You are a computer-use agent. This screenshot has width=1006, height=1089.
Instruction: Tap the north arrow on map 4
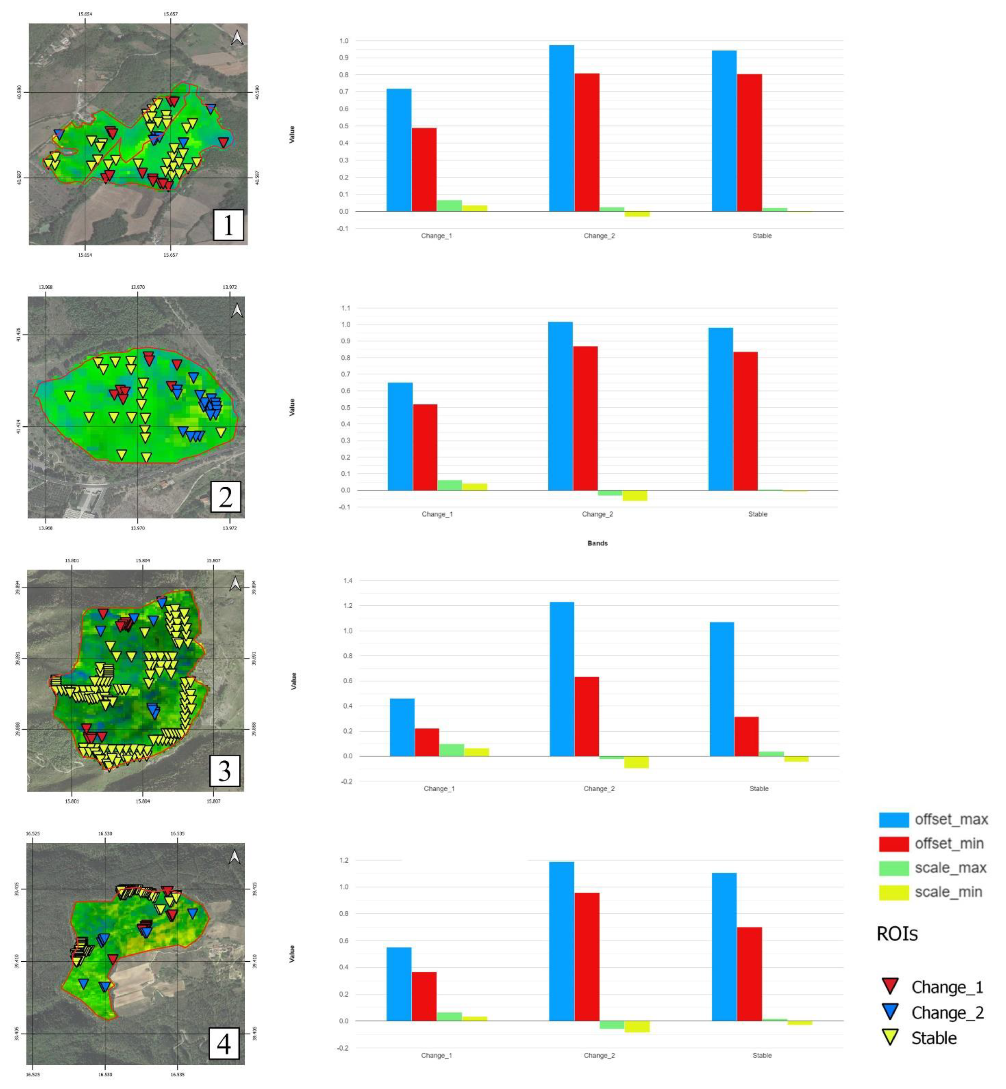(x=235, y=858)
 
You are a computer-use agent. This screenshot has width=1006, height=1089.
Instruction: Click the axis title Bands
(x=597, y=543)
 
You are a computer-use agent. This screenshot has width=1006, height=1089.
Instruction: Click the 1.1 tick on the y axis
(x=345, y=308)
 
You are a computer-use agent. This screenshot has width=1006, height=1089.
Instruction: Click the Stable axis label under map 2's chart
(x=757, y=514)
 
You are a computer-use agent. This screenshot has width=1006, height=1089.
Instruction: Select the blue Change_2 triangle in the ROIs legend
(x=890, y=1011)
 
